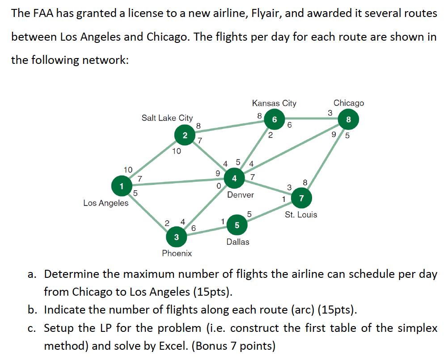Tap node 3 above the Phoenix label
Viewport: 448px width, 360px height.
(176, 237)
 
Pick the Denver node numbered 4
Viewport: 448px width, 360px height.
(234, 179)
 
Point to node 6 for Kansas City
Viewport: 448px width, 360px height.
(274, 119)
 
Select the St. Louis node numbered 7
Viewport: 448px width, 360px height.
(301, 198)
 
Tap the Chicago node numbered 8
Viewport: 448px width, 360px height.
(348, 120)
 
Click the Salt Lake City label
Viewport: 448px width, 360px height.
(167, 118)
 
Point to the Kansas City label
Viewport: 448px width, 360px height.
(274, 103)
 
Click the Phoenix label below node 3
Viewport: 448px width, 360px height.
(177, 253)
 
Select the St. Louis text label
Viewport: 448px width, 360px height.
(301, 214)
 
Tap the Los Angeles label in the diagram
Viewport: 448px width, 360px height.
(106, 203)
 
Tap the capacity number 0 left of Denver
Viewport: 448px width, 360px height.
(218, 186)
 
